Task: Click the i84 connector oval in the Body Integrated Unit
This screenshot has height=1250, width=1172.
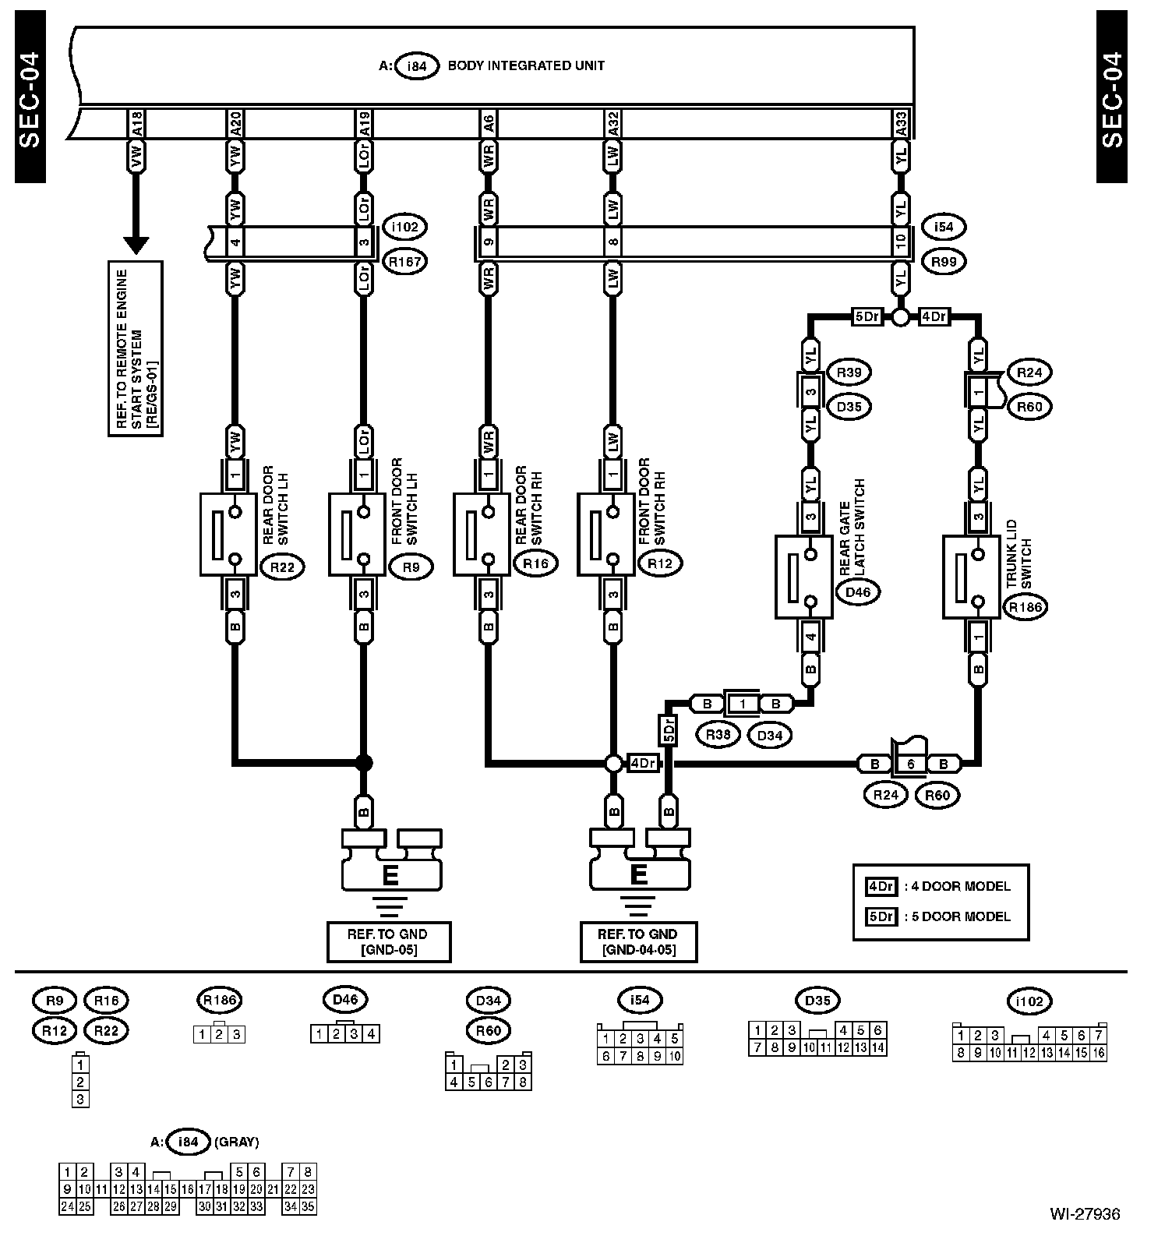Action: [x=418, y=66]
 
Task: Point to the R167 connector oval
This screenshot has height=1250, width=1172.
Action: [x=404, y=262]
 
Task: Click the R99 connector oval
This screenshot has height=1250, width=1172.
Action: [x=943, y=262]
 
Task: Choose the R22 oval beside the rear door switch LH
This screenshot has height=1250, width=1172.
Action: [x=282, y=567]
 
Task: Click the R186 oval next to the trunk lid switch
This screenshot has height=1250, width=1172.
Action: [x=1025, y=608]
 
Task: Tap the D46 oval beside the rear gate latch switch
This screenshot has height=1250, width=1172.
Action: [x=857, y=592]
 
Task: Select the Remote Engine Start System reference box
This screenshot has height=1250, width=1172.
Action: [x=136, y=348]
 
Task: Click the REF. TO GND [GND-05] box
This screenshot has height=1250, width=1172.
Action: [x=388, y=942]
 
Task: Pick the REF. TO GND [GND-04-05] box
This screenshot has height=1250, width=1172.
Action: [x=638, y=942]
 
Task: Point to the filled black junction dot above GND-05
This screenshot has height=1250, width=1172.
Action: [x=363, y=762]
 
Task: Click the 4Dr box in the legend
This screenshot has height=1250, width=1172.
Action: [x=881, y=886]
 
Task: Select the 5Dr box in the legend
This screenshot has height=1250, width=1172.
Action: [x=881, y=916]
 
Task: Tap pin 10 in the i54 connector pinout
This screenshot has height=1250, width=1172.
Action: [x=675, y=1057]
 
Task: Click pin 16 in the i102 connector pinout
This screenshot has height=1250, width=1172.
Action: [x=1098, y=1053]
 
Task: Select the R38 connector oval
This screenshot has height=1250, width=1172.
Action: [x=718, y=735]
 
